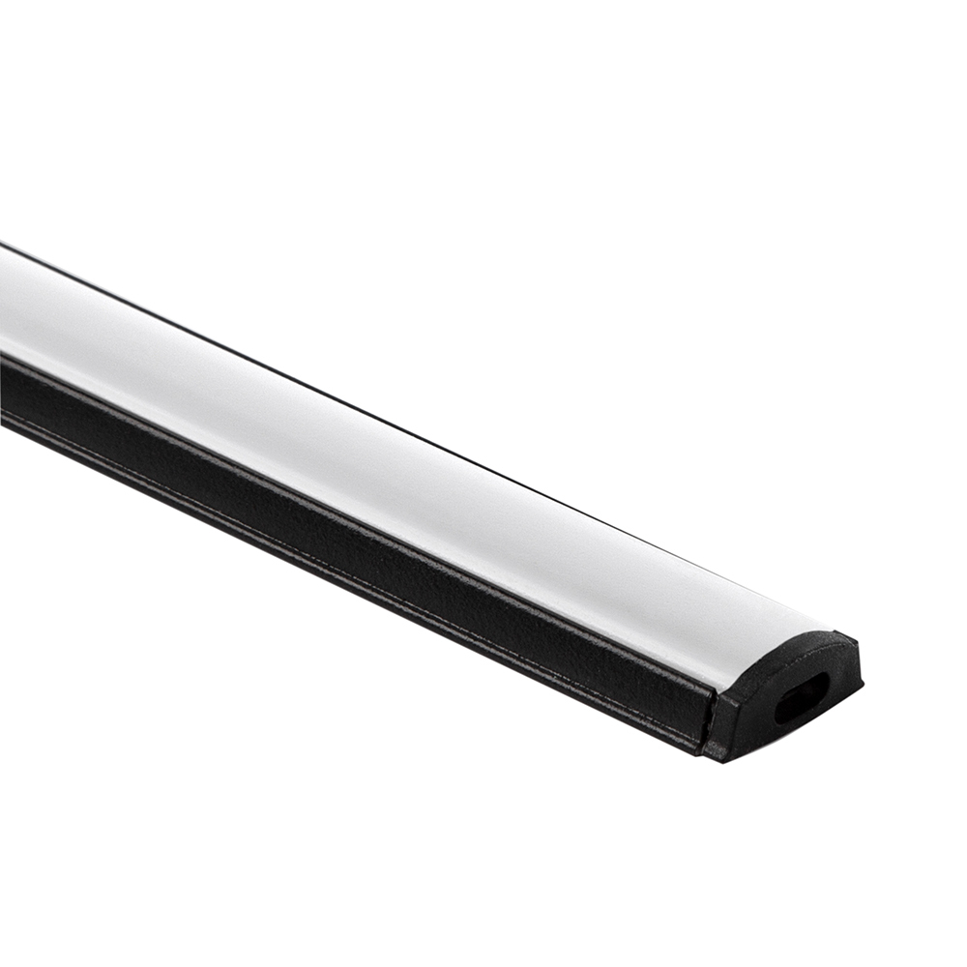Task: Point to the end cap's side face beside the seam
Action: [727, 720]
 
